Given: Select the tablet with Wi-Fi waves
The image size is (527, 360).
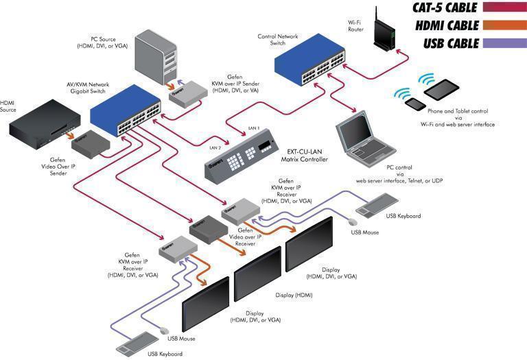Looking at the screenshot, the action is tap(441, 88).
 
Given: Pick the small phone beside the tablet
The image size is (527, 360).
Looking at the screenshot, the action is tap(416, 104).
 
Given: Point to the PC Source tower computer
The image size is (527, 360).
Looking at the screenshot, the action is tap(156, 57).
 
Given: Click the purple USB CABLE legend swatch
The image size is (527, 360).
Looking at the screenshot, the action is tap(504, 43).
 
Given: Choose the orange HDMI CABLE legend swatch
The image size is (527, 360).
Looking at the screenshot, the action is tap(504, 25).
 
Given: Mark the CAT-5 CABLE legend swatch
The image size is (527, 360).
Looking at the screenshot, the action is tap(504, 7).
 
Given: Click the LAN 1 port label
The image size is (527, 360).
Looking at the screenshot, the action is tap(254, 128).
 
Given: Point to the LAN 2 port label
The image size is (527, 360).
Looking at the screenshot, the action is tap(215, 147).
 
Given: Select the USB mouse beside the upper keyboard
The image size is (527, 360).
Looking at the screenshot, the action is tap(353, 222).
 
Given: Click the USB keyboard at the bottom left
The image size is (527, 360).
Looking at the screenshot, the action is tap(137, 344).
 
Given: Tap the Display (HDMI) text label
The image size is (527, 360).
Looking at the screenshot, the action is tap(294, 295).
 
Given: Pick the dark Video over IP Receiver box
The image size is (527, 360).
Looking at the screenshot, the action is tap(209, 230).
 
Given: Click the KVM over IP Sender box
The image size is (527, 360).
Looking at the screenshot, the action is tap(188, 94).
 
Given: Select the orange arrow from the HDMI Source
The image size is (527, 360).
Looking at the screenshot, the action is tap(70, 135).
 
